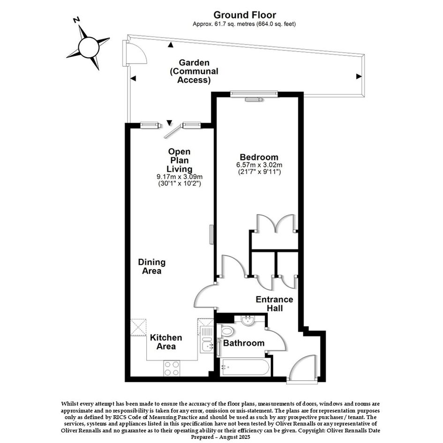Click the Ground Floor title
(x=245, y=15)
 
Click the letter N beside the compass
(x=76, y=20)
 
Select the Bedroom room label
(x=259, y=157)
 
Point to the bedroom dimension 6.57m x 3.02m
(x=259, y=165)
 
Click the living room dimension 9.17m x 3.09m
(x=180, y=177)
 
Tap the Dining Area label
(x=152, y=266)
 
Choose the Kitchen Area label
(x=166, y=342)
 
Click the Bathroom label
(x=244, y=343)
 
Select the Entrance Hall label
(x=275, y=304)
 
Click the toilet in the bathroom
(x=225, y=331)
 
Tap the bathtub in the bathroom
(x=245, y=367)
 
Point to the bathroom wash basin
(x=248, y=320)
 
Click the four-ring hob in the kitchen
(x=172, y=368)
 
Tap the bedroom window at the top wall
(x=254, y=94)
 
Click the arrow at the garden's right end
(x=359, y=76)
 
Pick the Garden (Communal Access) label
(x=194, y=71)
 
